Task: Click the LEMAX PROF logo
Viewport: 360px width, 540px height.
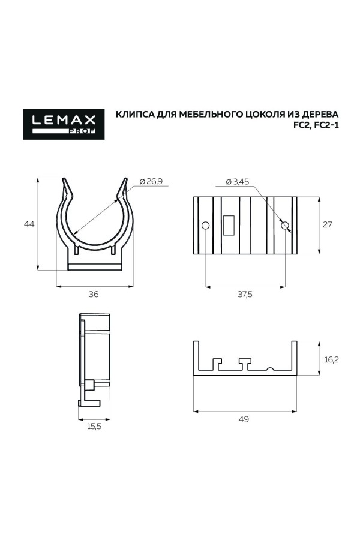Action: (x=64, y=124)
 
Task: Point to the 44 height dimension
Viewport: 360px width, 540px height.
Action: (x=28, y=224)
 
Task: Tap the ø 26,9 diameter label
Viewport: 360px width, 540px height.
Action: (x=151, y=181)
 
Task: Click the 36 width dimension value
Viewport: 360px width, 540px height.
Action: (x=94, y=294)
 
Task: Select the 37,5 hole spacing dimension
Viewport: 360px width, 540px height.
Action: (x=245, y=294)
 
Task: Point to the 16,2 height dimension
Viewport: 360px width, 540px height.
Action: (x=332, y=359)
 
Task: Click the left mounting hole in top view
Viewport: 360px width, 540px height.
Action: (x=205, y=226)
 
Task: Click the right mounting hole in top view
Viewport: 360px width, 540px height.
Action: (x=285, y=226)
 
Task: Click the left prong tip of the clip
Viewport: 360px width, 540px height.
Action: (x=67, y=181)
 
